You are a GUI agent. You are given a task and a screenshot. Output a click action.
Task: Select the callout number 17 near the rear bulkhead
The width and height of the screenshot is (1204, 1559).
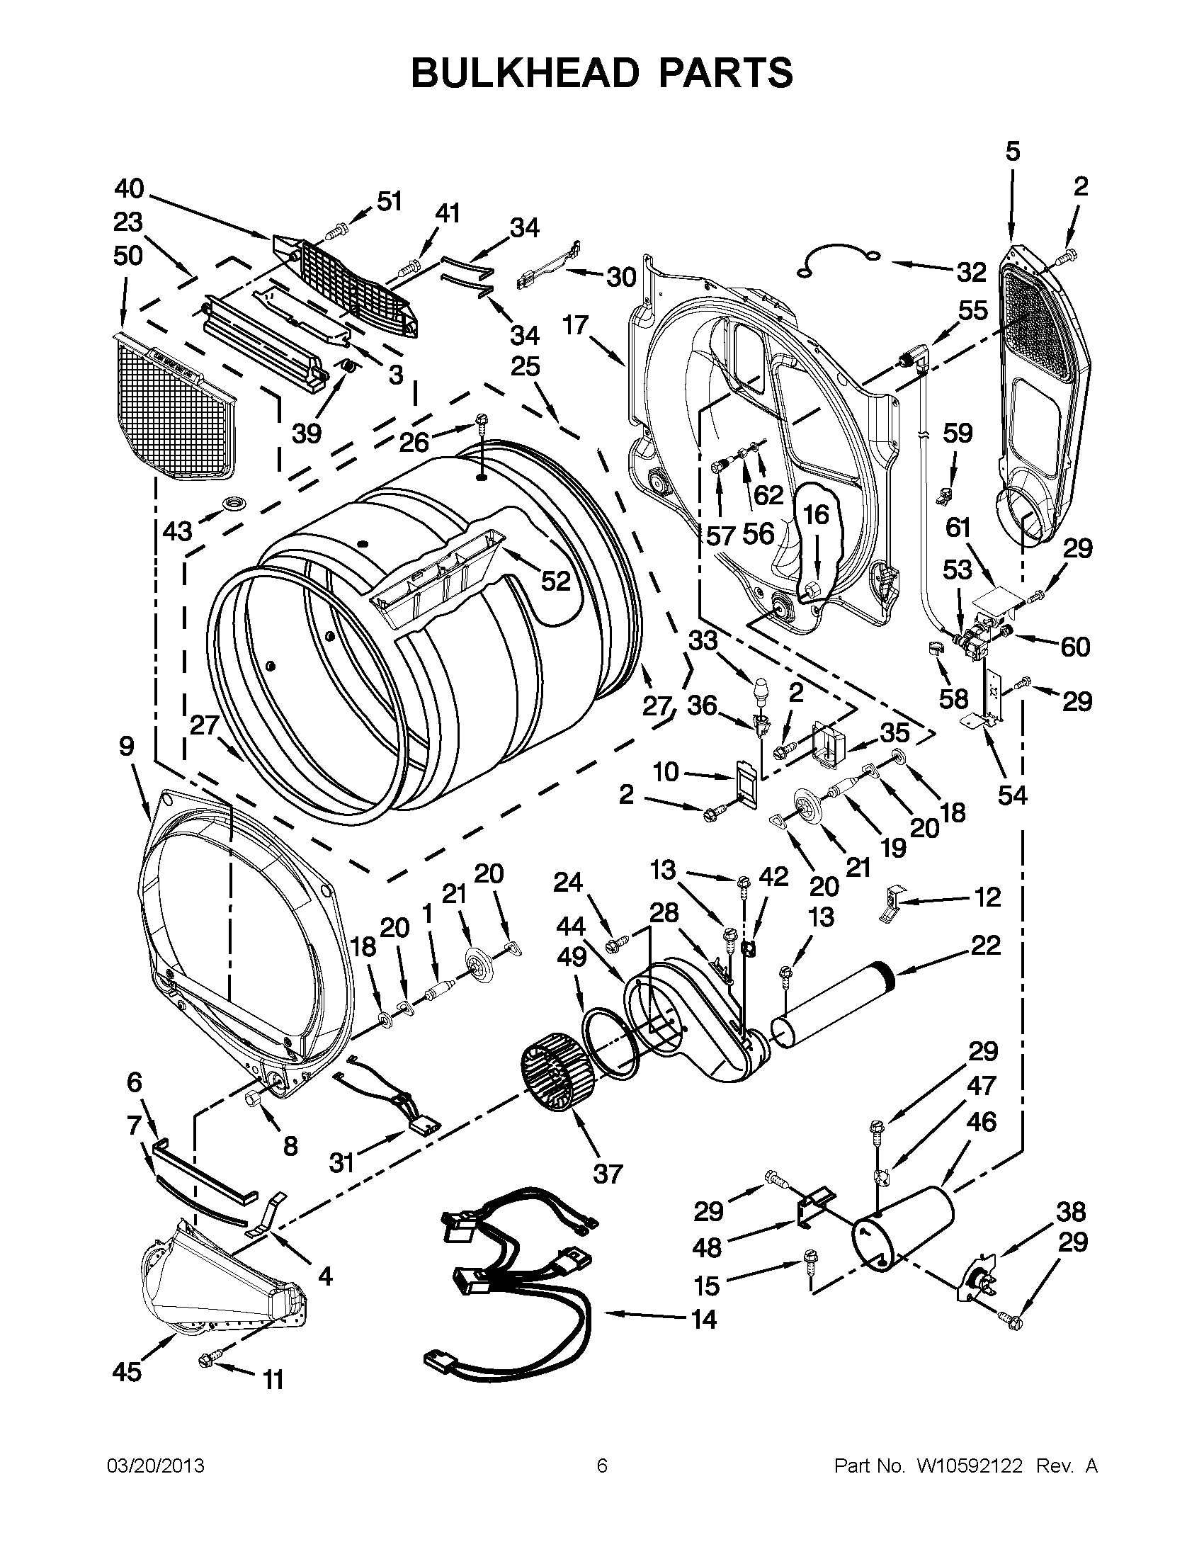tap(574, 326)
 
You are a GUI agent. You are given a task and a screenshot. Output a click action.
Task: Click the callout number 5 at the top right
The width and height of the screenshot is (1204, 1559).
tap(1013, 152)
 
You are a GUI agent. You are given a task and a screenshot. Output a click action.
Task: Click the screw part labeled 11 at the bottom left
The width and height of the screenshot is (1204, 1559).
tap(208, 1363)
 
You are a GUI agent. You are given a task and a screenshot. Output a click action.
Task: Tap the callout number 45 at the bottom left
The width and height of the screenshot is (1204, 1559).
tap(126, 1371)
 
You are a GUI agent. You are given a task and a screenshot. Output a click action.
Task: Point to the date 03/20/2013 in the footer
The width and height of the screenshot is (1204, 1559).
tap(156, 1466)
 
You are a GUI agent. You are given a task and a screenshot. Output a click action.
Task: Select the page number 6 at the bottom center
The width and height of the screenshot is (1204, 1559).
tap(601, 1466)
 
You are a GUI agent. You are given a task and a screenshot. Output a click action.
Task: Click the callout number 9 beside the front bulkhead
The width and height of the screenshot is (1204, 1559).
tap(126, 747)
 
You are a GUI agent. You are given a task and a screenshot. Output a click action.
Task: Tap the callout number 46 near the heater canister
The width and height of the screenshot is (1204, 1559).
tap(981, 1121)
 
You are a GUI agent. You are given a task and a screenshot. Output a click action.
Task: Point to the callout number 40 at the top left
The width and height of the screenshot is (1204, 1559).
tap(129, 189)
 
